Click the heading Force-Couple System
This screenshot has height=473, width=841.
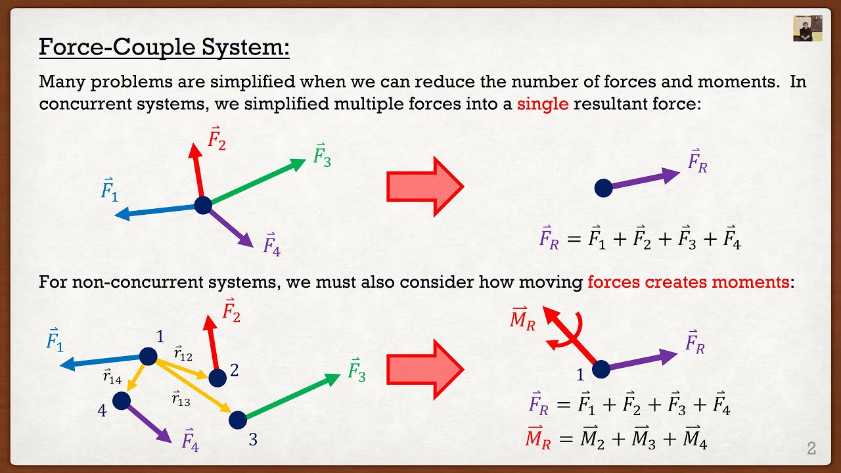click(x=164, y=48)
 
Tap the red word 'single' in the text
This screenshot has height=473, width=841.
click(x=542, y=104)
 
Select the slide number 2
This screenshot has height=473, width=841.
click(x=811, y=449)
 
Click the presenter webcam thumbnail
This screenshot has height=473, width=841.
click(x=807, y=28)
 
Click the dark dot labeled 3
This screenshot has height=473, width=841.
click(x=237, y=419)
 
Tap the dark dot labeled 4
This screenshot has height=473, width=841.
click(x=121, y=400)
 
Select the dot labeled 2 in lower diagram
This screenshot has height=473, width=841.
click(x=217, y=378)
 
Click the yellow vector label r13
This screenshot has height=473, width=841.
click(x=181, y=397)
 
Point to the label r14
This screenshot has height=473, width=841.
click(x=112, y=376)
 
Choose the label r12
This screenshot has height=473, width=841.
click(x=183, y=355)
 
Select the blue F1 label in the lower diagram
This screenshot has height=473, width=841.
click(x=55, y=340)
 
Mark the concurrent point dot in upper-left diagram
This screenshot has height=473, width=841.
click(x=203, y=205)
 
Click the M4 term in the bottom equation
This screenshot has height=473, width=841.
click(x=694, y=439)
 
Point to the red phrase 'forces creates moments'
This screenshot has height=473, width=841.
click(x=688, y=282)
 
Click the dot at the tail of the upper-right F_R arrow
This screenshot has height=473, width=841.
click(x=603, y=189)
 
